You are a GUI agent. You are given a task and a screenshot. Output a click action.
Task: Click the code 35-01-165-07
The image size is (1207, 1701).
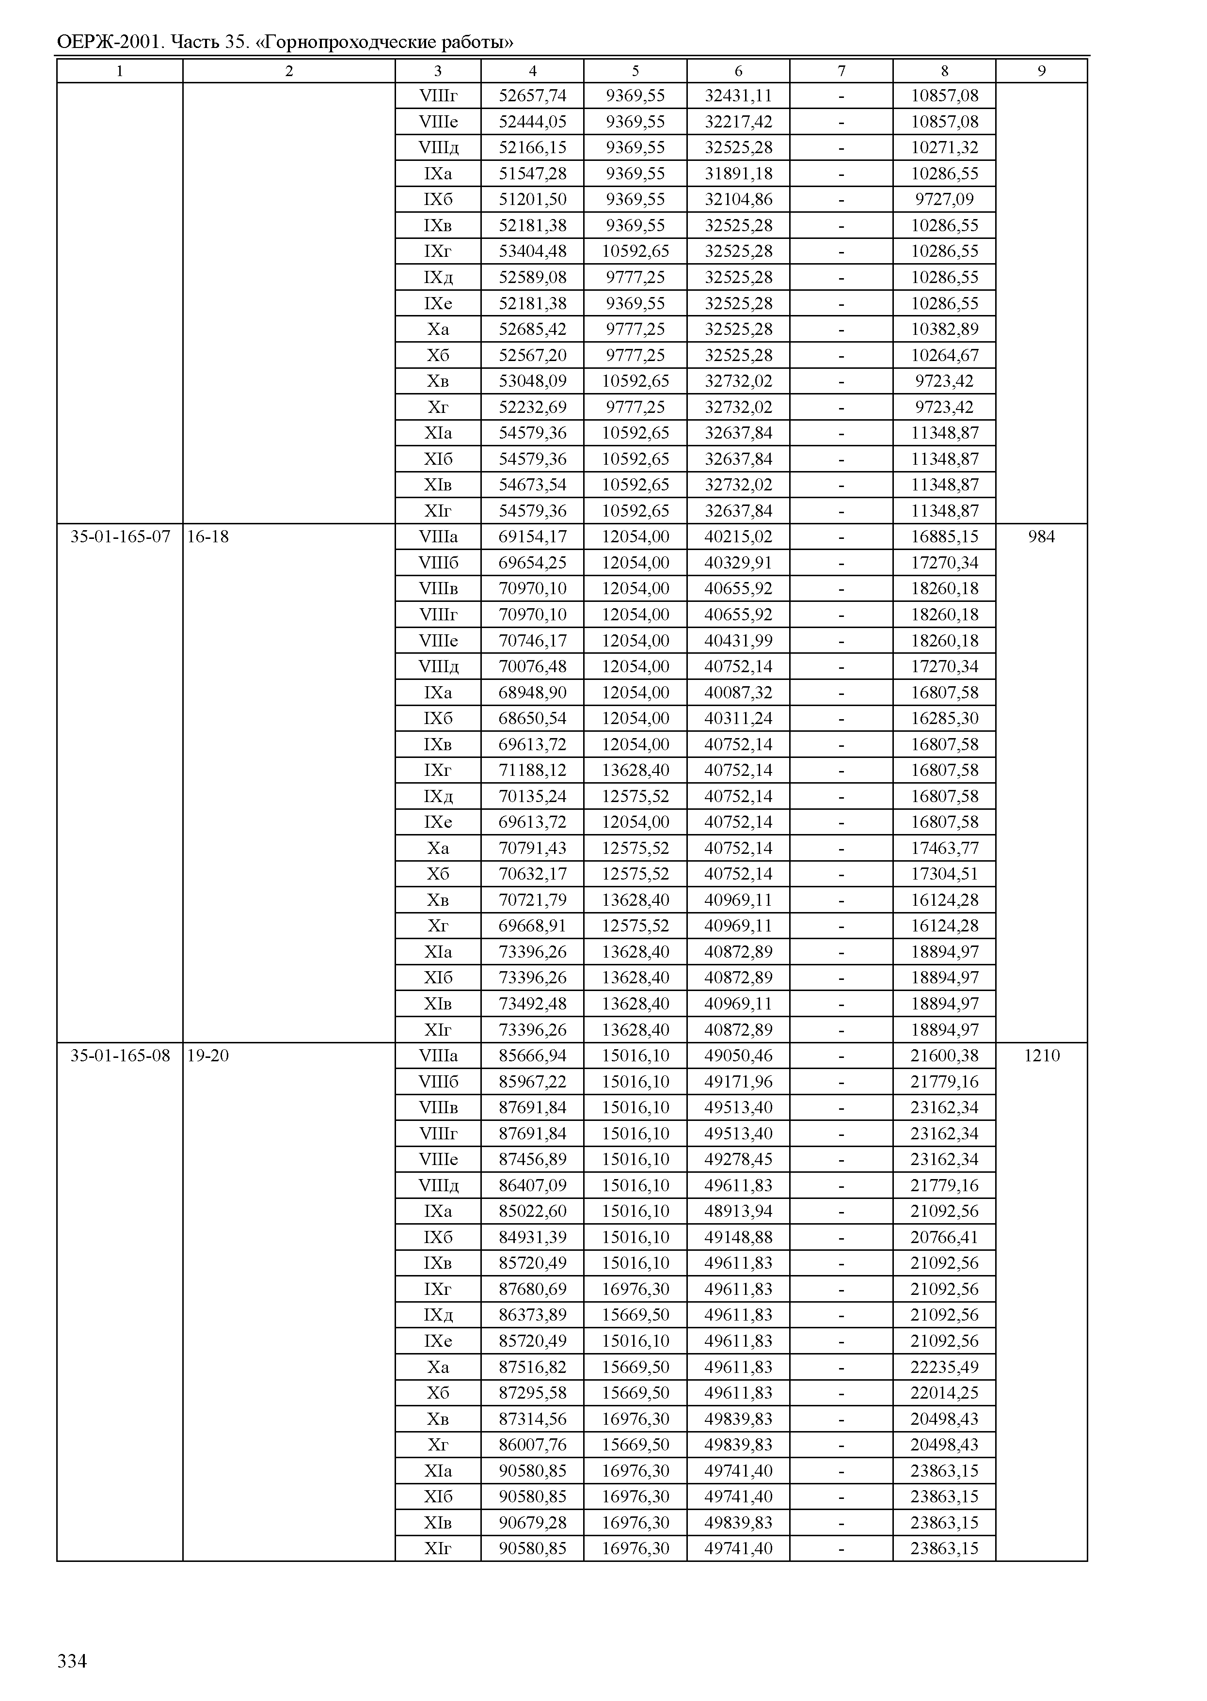(x=120, y=536)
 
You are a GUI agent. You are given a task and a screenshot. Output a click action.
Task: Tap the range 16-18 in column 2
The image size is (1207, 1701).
(x=208, y=536)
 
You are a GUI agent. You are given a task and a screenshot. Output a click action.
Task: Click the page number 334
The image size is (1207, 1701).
(x=72, y=1661)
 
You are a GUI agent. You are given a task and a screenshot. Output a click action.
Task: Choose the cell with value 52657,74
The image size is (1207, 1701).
(x=532, y=96)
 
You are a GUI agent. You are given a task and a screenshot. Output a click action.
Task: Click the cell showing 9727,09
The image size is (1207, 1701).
(x=945, y=199)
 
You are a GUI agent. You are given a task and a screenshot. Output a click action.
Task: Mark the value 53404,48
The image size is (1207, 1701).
(x=532, y=251)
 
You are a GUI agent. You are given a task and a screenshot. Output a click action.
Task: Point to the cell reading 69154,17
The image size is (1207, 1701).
(x=532, y=536)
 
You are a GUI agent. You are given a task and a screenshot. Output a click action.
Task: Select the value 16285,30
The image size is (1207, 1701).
(x=945, y=719)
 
